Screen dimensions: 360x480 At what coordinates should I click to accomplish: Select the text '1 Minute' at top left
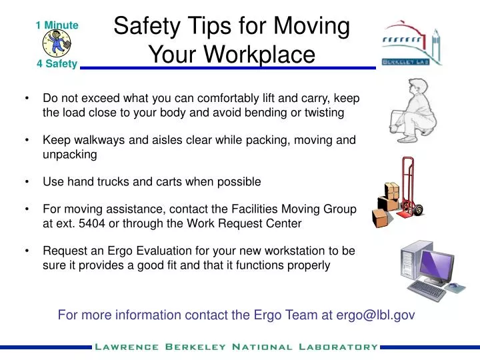(57, 25)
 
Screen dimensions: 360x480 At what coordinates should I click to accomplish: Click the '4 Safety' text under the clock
(57, 65)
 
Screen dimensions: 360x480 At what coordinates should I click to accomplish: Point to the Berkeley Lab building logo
(411, 44)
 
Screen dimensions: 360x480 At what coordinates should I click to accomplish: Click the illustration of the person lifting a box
(413, 109)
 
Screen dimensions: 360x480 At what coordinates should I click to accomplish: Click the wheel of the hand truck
(419, 211)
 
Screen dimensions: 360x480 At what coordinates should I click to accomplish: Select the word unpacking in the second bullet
(70, 155)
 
